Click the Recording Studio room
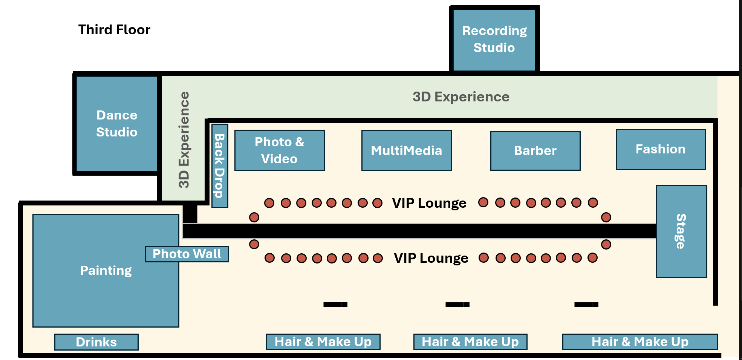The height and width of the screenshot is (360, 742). coord(494,40)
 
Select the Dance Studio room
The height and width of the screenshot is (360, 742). coord(117,124)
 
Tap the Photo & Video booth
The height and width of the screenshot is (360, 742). coord(279,150)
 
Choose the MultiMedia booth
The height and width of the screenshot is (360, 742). coord(406,151)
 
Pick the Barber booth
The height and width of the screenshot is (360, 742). coord(535,151)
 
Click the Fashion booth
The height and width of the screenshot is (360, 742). coord(661,149)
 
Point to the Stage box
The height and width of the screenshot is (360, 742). coord(681,231)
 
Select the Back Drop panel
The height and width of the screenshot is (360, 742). coord(220,166)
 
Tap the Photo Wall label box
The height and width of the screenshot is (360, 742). coord(187,254)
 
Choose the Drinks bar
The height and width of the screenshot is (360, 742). coord(96,342)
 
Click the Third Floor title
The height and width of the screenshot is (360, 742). coord(114,30)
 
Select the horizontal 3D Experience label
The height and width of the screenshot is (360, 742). coord(461,97)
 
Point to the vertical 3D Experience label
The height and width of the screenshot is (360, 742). coord(184,139)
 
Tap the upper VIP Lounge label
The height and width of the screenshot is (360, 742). coord(429,203)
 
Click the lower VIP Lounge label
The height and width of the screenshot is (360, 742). coord(431,258)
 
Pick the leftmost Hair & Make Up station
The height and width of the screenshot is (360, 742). coord(323,342)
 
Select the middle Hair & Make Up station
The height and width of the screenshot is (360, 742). coord(470,342)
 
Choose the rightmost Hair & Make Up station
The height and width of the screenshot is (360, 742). coord(640,342)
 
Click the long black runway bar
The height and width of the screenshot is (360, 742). coord(418,231)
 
